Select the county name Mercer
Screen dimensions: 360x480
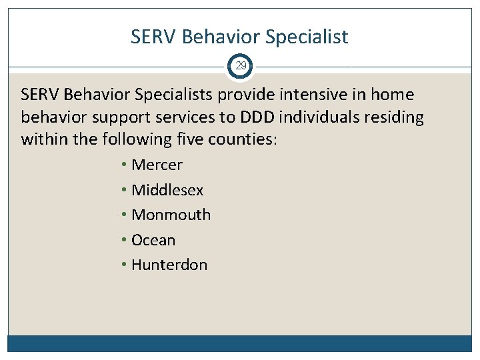tap(157, 165)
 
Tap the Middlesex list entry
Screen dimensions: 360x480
tap(167, 190)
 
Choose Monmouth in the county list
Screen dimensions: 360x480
tap(171, 215)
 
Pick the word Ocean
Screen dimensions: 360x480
tap(153, 240)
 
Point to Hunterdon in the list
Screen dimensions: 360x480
tap(169, 265)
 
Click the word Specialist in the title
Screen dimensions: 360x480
tap(307, 37)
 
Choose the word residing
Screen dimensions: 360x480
tap(395, 118)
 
